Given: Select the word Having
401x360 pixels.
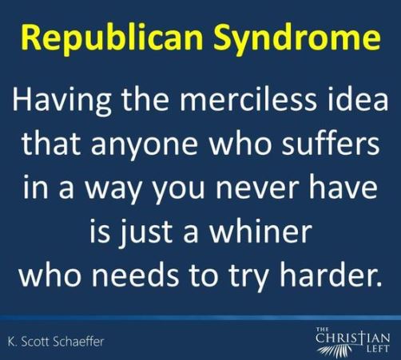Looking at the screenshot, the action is [62, 101].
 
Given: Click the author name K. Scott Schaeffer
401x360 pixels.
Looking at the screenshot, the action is [56, 342].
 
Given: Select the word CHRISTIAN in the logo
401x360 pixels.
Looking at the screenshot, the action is [353, 339].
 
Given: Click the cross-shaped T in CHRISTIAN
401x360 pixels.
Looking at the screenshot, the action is [362, 339].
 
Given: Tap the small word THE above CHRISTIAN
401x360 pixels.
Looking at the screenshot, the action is [320, 330].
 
